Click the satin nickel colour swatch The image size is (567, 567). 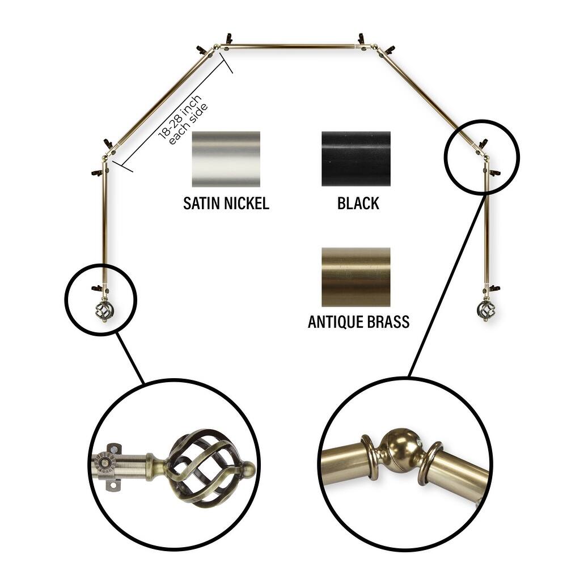click(x=226, y=159)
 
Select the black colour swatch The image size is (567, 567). click(x=356, y=159)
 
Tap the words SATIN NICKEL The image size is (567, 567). click(x=226, y=204)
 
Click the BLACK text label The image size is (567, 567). click(x=358, y=204)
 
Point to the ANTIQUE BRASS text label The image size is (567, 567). click(x=358, y=322)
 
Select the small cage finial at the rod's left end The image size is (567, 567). click(x=103, y=311)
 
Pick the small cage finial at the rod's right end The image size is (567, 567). click(x=486, y=311)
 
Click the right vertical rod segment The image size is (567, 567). click(x=486, y=227)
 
